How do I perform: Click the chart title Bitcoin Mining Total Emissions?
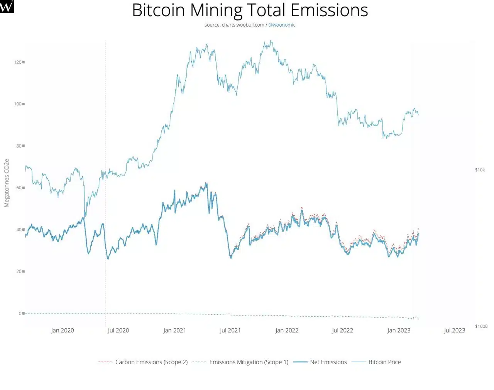click(250, 10)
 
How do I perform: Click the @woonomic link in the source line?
click(282, 25)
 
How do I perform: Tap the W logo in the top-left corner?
click(7, 7)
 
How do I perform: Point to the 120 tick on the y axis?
click(18, 62)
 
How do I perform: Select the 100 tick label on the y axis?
click(18, 104)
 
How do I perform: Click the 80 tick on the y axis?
click(19, 146)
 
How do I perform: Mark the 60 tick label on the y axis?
click(19, 188)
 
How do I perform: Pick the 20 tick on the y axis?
click(19, 271)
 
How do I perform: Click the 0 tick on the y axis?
click(20, 313)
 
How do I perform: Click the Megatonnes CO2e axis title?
click(7, 183)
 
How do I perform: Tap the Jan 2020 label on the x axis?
click(62, 331)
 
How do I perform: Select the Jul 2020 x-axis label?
click(118, 331)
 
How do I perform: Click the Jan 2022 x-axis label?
click(287, 331)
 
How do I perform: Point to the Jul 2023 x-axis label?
click(454, 331)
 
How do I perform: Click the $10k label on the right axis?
click(480, 170)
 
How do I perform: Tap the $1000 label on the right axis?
click(481, 326)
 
